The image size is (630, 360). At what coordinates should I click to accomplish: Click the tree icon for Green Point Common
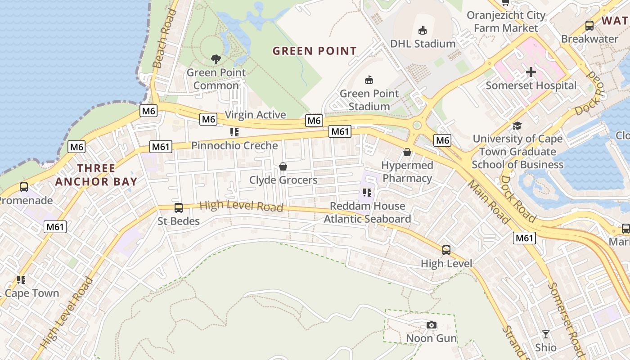tap(216, 59)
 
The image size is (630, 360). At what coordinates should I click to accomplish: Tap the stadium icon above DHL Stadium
tap(422, 30)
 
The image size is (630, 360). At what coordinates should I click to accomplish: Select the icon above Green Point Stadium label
tap(369, 80)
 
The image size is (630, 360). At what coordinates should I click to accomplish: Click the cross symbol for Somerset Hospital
tap(531, 72)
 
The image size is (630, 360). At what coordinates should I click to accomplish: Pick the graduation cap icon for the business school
tap(517, 126)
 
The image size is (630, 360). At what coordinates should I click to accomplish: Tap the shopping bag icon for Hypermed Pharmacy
tap(407, 152)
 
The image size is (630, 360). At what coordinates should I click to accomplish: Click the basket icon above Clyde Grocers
tap(283, 167)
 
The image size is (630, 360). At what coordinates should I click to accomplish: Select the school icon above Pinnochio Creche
tap(234, 132)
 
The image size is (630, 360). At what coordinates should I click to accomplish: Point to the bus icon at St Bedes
tap(179, 207)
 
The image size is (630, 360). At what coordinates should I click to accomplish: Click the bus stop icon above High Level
tap(446, 250)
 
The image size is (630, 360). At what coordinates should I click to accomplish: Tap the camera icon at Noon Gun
tap(431, 325)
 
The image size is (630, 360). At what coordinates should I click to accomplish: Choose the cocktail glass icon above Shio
tap(545, 334)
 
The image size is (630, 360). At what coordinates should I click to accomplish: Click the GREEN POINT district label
tap(315, 51)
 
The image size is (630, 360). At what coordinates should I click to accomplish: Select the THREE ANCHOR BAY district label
tap(96, 175)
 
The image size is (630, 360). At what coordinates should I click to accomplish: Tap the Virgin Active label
tap(255, 115)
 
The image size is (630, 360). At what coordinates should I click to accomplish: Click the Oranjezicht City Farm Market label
tap(506, 22)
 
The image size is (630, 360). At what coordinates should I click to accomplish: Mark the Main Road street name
tap(488, 202)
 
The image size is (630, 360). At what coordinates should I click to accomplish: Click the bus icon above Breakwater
tap(589, 26)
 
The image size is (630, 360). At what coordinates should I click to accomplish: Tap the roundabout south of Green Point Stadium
tap(417, 126)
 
